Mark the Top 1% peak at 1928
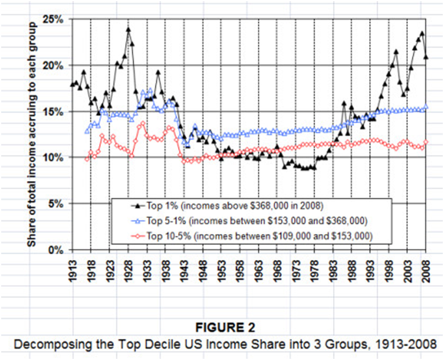[128, 29]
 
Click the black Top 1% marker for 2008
[426, 57]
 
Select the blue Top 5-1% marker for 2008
[426, 107]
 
